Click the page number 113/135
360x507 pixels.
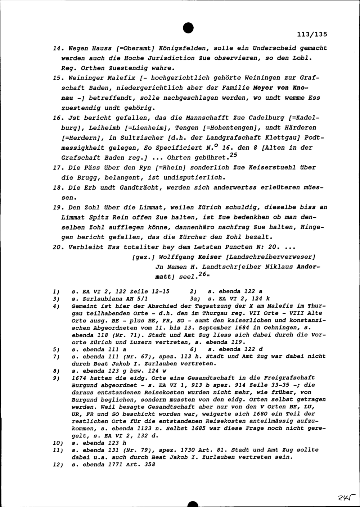(312, 35)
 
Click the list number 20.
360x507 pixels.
(57, 247)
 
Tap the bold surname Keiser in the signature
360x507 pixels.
(210, 257)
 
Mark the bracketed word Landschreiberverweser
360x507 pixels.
(270, 257)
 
